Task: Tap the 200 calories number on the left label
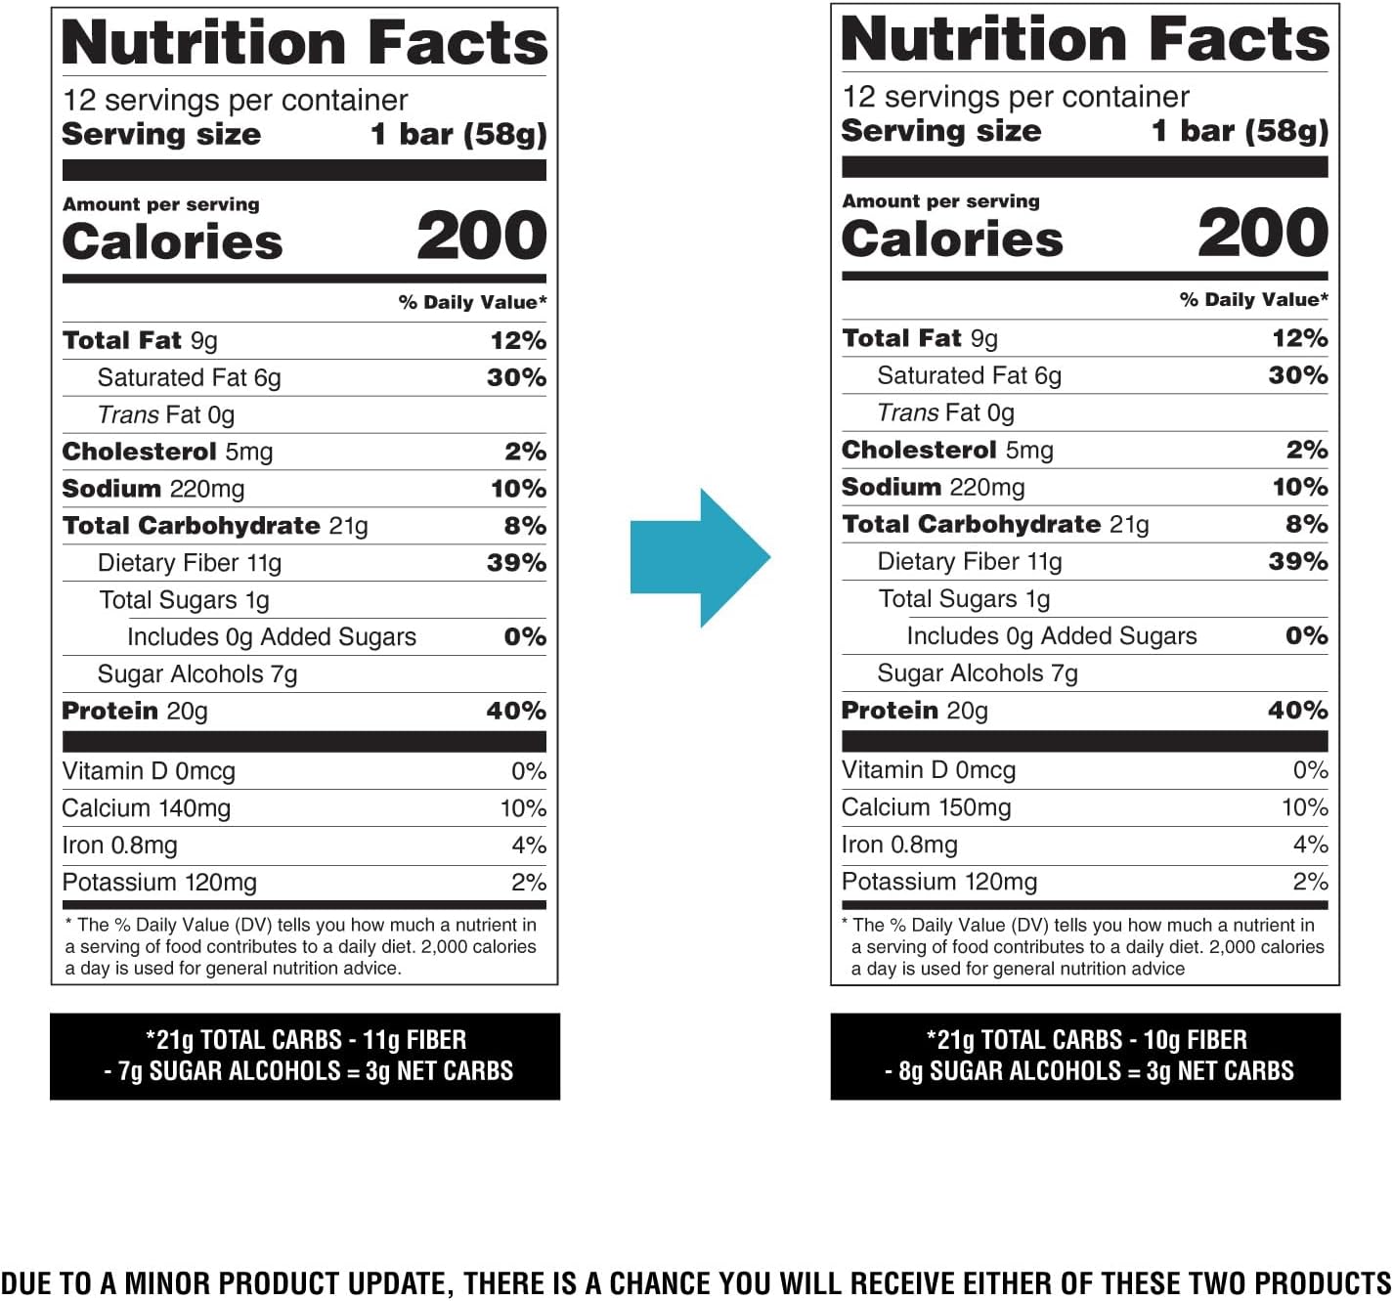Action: click(481, 237)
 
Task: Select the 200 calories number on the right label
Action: click(1262, 234)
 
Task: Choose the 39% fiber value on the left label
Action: click(516, 563)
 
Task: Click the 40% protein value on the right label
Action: click(1297, 711)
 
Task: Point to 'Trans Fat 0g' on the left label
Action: click(166, 415)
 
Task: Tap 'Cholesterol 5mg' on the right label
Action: click(947, 451)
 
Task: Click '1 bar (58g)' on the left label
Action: click(458, 135)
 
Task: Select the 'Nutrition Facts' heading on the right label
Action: click(1084, 40)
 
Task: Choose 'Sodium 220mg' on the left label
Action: click(153, 489)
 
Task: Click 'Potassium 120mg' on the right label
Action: click(939, 882)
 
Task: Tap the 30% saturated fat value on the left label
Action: click(516, 378)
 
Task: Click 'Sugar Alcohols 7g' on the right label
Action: click(978, 673)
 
